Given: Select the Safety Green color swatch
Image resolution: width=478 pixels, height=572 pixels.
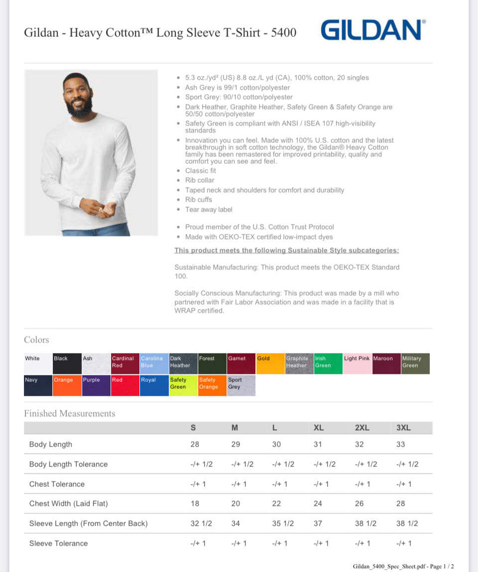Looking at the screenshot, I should click(x=183, y=385).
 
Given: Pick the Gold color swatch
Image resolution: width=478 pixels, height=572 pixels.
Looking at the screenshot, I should click(x=270, y=363).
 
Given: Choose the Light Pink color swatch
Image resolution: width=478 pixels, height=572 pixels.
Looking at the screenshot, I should click(x=357, y=363).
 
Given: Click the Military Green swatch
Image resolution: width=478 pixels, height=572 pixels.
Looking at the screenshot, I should click(x=415, y=363).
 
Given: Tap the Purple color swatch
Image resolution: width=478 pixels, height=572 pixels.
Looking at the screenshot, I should click(x=96, y=385).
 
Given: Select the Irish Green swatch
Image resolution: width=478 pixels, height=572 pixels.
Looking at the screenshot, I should click(x=328, y=363).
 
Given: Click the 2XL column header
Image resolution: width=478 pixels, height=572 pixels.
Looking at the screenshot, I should click(x=362, y=428).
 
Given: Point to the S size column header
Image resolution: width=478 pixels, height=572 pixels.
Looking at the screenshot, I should click(x=193, y=428).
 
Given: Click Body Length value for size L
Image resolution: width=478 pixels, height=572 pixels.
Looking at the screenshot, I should click(x=276, y=444).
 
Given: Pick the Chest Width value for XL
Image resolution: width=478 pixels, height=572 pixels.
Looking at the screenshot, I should click(x=318, y=503).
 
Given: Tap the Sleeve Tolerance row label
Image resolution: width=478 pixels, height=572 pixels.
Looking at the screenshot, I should click(x=58, y=543).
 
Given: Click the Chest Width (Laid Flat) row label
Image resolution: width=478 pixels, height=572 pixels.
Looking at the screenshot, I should click(x=68, y=503).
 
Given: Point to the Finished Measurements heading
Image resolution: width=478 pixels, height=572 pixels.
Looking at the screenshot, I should click(x=69, y=413).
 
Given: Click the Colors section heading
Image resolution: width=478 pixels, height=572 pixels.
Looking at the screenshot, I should click(x=36, y=340).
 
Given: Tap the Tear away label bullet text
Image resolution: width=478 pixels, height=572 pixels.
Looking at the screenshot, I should click(x=209, y=210).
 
